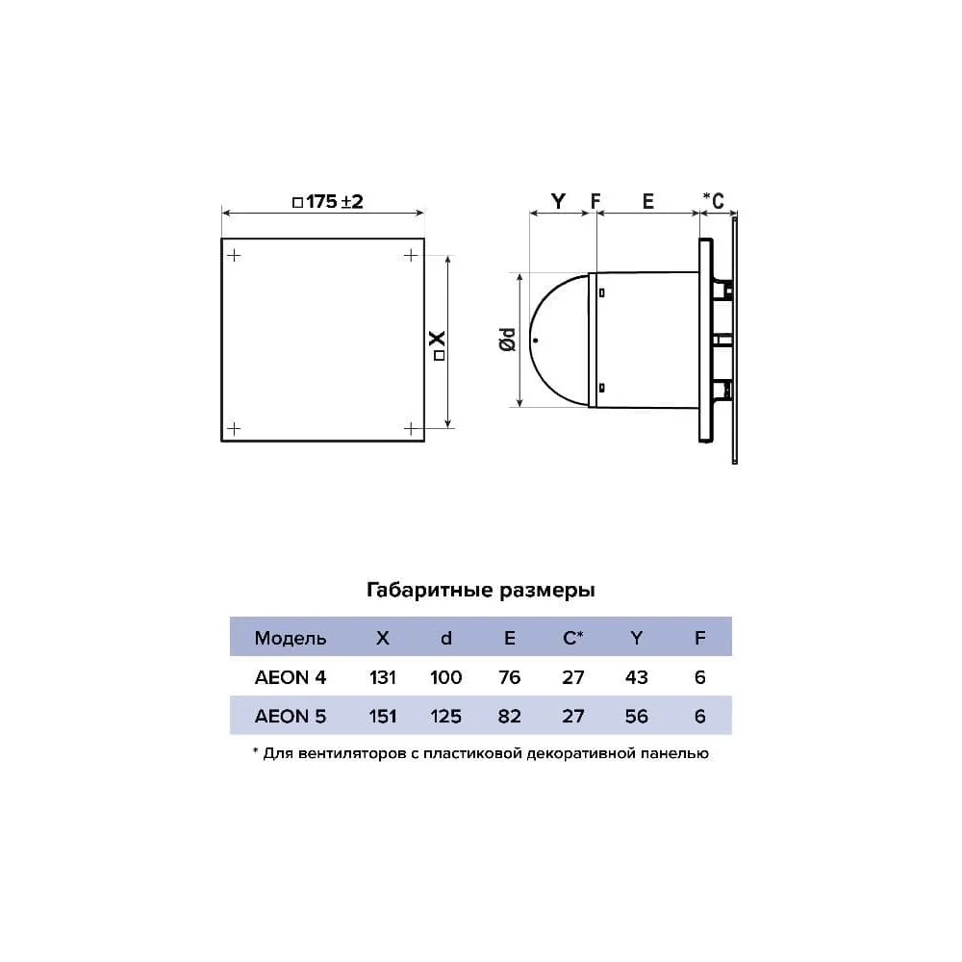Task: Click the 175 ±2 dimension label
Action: click(x=328, y=201)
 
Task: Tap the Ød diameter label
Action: click(x=508, y=340)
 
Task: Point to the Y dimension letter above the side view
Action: click(x=558, y=201)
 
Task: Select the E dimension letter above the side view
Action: click(x=647, y=201)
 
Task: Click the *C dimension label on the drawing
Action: click(x=714, y=200)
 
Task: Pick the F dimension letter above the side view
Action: click(x=595, y=201)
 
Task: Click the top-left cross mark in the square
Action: click(x=234, y=255)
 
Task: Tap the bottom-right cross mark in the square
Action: click(x=411, y=428)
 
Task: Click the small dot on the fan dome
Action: click(x=536, y=340)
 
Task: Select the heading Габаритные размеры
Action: click(x=480, y=591)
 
